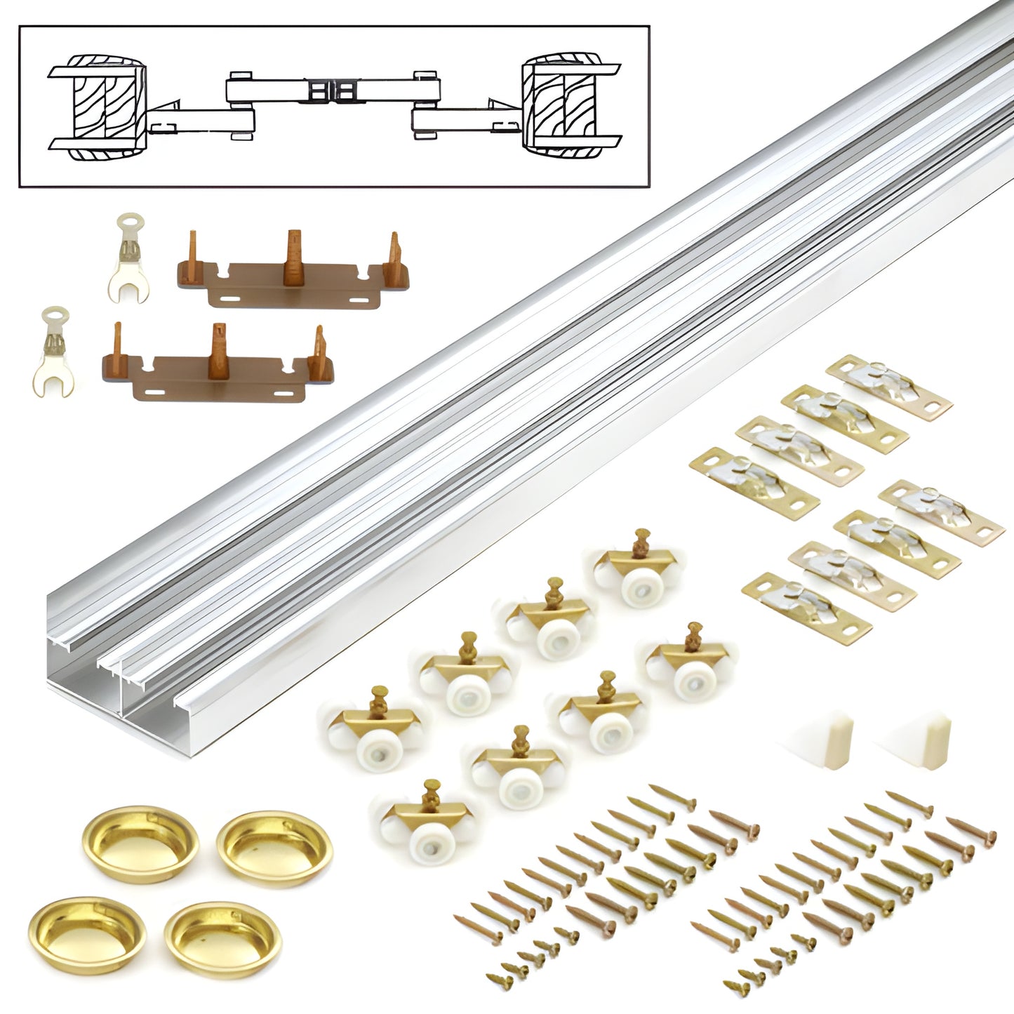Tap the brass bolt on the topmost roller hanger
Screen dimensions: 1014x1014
click(640, 542)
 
